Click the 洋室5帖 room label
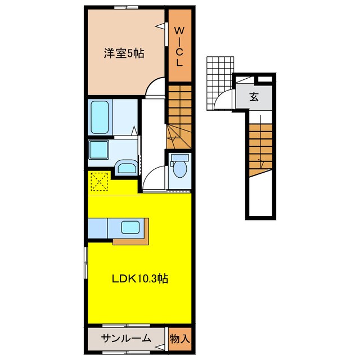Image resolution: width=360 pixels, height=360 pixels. [123, 54]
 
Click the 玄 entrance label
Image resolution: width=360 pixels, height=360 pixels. [254, 96]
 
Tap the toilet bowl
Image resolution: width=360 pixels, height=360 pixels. [179, 167]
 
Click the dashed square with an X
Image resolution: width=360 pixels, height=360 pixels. [100, 182]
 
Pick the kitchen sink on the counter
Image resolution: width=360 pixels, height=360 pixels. [130, 228]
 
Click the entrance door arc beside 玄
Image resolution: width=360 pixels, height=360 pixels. [223, 101]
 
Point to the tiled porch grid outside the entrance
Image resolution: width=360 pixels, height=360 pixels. [219, 75]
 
